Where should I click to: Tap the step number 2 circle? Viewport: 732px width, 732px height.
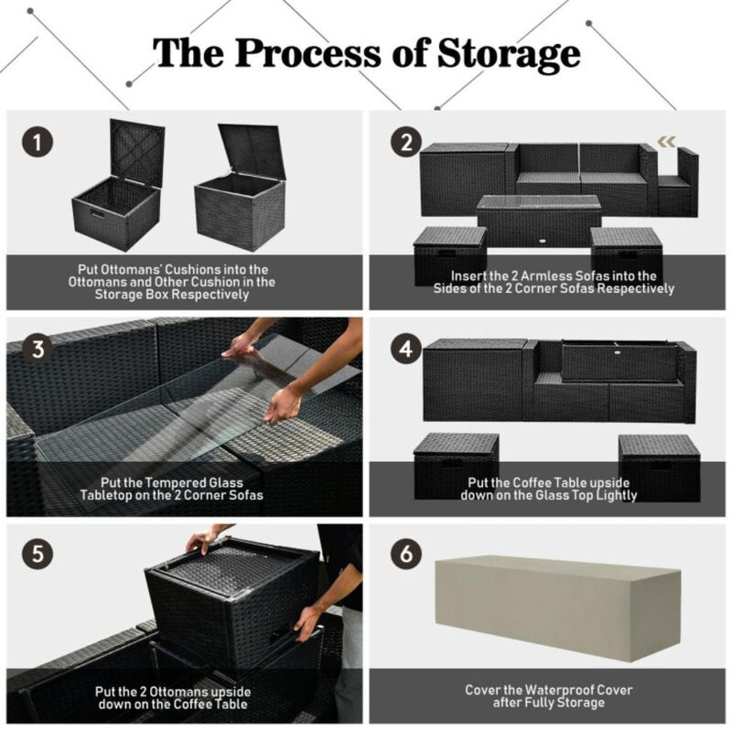click(x=405, y=143)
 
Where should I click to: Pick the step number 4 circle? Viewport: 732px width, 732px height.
click(x=405, y=349)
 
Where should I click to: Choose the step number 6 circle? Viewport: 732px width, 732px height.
click(x=405, y=554)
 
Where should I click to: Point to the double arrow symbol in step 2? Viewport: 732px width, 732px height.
click(x=667, y=141)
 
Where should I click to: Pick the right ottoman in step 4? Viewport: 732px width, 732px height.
click(x=659, y=462)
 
